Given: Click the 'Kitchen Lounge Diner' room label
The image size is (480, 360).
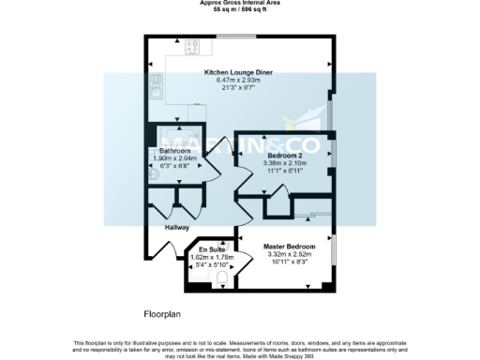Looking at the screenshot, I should (239, 72).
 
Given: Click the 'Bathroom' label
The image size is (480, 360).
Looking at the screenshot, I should (174, 151).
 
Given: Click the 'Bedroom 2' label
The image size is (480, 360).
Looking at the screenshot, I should (283, 155).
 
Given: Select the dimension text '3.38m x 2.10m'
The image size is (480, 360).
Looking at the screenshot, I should (283, 162).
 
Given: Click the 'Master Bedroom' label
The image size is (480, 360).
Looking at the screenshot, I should (287, 247).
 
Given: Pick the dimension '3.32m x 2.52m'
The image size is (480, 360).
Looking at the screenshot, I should (287, 254).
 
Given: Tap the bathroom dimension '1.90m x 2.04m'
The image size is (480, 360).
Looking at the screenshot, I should (174, 158).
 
